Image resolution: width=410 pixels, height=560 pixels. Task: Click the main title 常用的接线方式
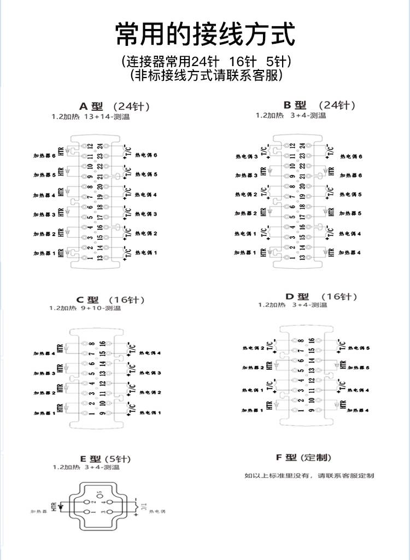(x=205, y=34)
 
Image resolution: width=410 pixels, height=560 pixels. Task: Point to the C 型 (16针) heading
(x=110, y=299)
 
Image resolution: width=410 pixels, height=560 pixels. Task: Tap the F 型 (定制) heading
(x=304, y=457)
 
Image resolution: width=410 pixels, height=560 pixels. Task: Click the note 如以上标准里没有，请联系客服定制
(x=309, y=476)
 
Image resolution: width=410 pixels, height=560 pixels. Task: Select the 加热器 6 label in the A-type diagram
(x=44, y=156)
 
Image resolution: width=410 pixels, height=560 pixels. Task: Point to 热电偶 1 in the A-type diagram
(x=145, y=253)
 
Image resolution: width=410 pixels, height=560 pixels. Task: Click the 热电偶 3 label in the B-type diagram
(x=246, y=156)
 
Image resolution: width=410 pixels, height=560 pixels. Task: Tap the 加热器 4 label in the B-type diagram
(x=350, y=253)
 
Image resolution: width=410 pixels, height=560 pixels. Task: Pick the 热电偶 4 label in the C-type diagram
(x=149, y=353)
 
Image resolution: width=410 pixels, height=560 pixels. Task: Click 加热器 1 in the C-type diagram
(x=44, y=413)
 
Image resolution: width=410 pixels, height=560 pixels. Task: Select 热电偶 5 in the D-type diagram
(x=359, y=348)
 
